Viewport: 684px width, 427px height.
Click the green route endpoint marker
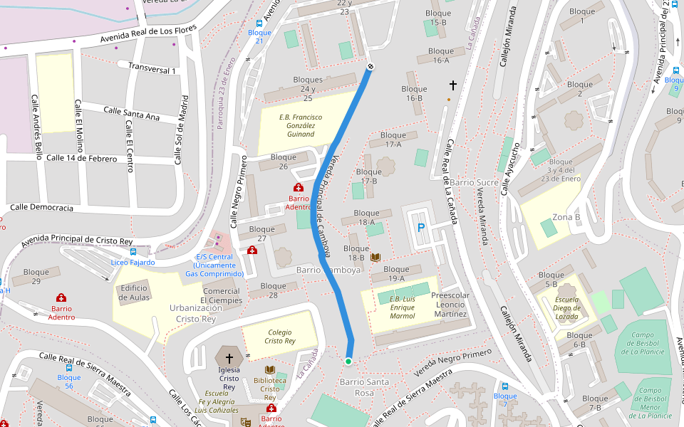click(x=348, y=362)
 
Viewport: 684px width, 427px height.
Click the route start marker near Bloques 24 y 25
click(x=370, y=67)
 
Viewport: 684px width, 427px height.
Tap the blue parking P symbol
click(x=420, y=228)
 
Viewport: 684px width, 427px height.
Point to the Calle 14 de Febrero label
click(x=81, y=158)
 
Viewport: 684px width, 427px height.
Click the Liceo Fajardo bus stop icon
click(x=133, y=252)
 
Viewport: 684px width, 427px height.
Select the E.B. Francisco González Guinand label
click(x=300, y=125)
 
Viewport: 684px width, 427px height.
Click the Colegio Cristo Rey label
click(x=280, y=337)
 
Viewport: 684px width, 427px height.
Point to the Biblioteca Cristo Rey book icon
click(x=269, y=370)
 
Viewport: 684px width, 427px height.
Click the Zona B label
click(x=566, y=217)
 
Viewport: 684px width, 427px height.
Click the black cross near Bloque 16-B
click(x=452, y=85)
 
